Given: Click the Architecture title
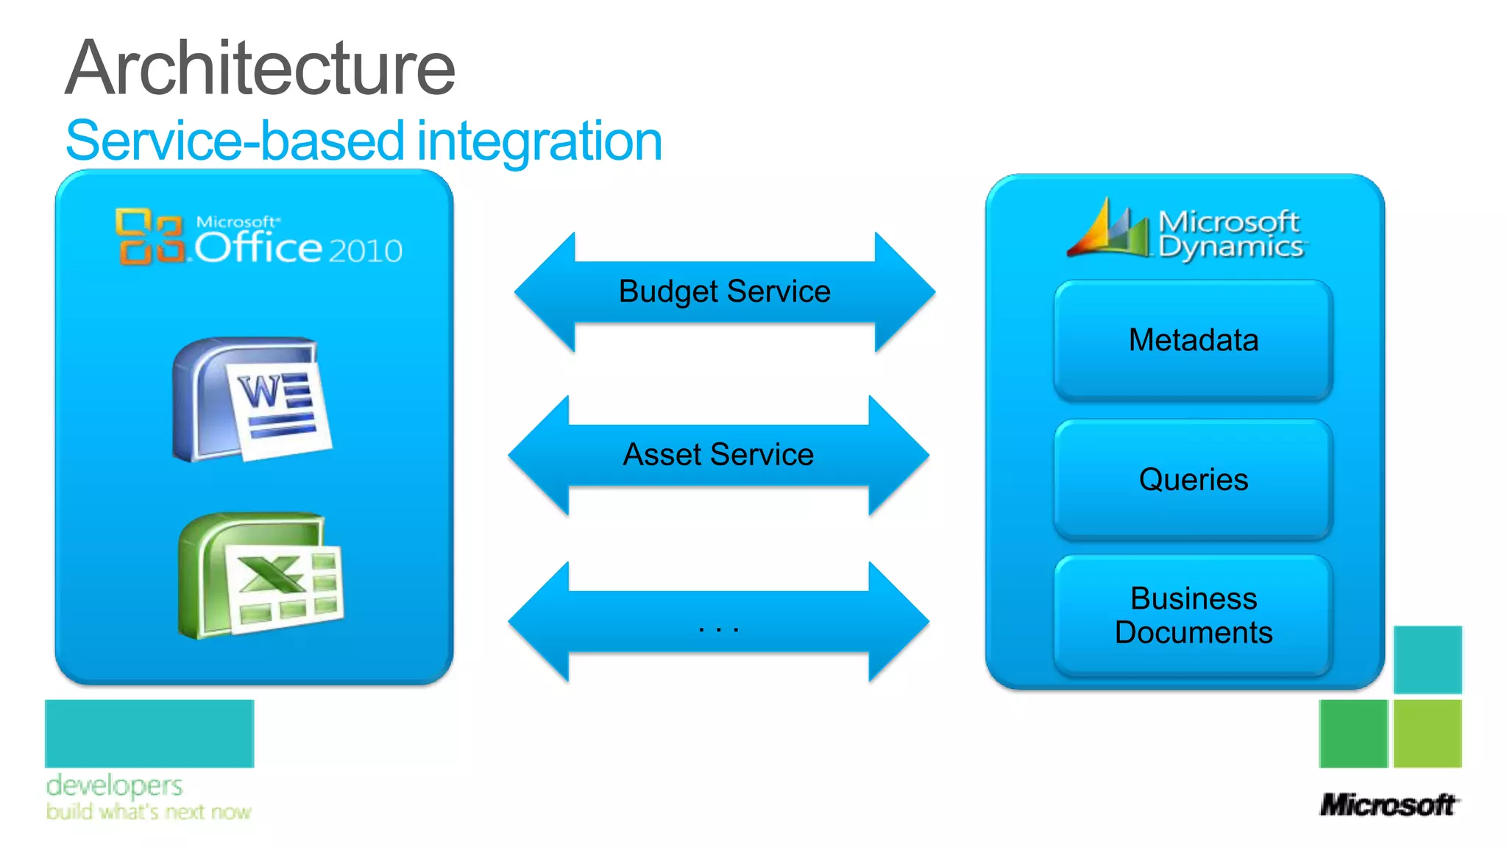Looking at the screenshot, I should (260, 68).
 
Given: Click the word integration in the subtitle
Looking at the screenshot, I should (539, 141).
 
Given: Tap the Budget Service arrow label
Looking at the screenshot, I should (724, 291).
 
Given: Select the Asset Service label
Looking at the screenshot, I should (718, 454).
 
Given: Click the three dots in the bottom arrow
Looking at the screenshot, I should (718, 629).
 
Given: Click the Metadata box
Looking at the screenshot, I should (1193, 340).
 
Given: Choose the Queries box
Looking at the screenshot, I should (1193, 480).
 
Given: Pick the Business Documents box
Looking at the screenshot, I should (1193, 615).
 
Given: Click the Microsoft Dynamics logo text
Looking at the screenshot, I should (1230, 234).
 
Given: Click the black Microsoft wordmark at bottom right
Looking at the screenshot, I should (1388, 805).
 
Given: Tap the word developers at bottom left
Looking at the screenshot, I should (114, 785).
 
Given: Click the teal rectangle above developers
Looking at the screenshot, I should (149, 733).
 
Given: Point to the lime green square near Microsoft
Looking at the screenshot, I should (1428, 733).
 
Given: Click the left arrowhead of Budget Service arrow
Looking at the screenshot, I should (545, 291).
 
